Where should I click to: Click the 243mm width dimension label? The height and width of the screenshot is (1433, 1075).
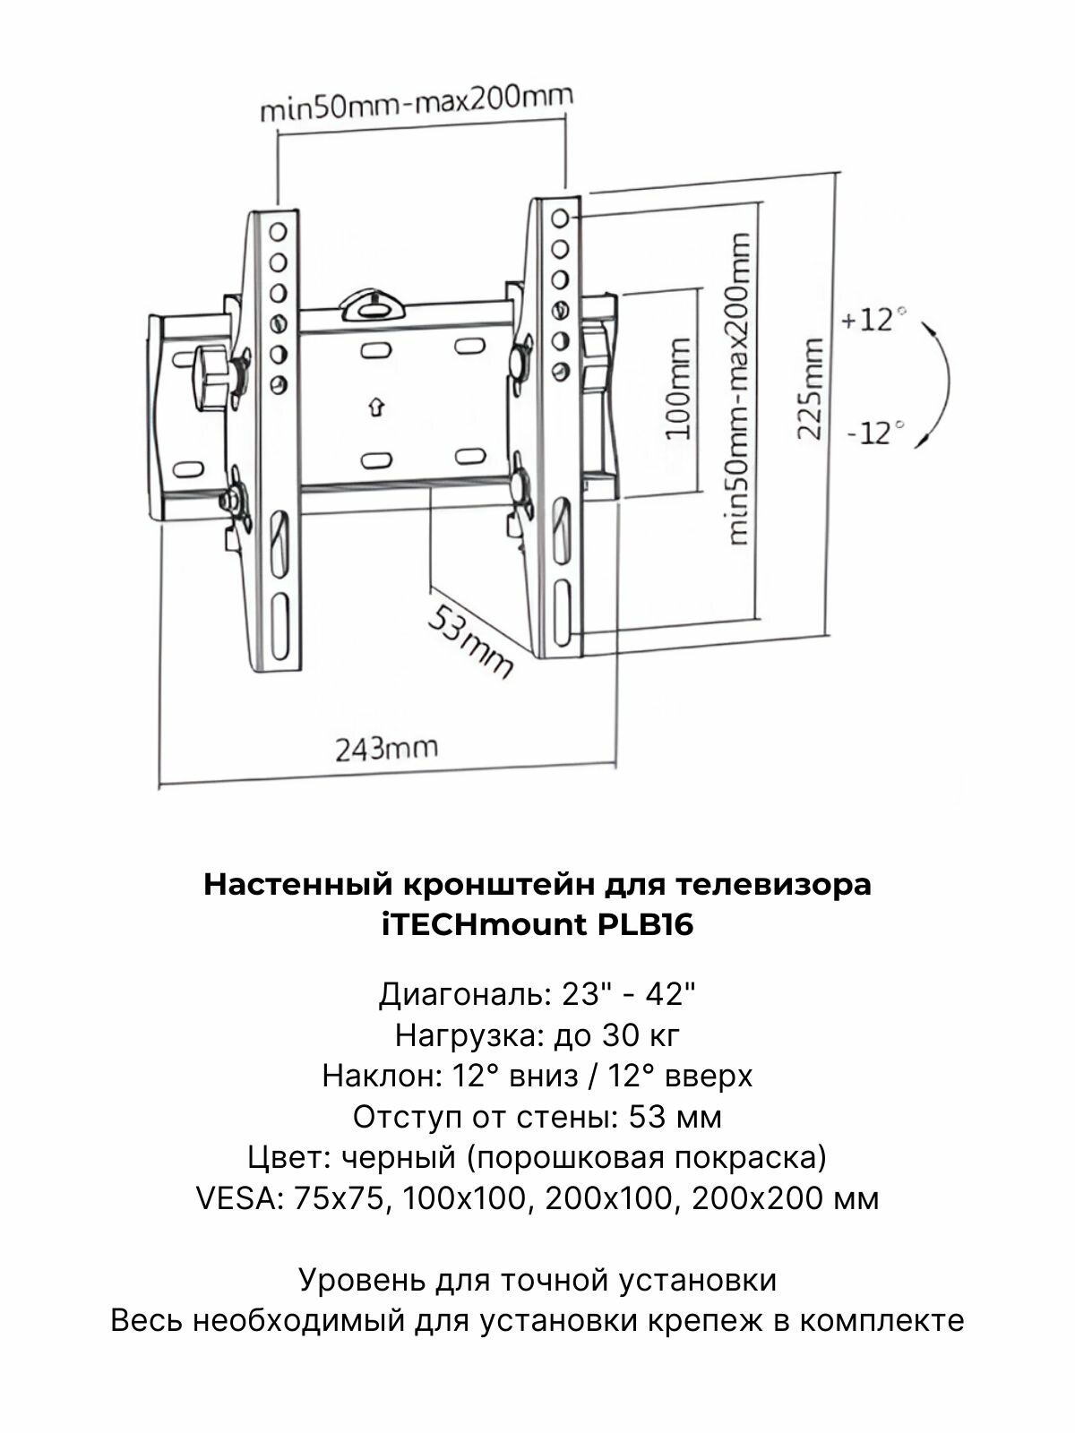[x=386, y=748]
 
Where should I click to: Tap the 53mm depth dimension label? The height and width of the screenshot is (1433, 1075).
[x=469, y=640]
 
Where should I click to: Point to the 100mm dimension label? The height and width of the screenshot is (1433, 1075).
[x=680, y=388]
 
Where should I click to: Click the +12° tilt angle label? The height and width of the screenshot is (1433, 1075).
[x=868, y=320]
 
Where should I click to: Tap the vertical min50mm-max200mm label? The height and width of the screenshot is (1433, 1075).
[x=739, y=390]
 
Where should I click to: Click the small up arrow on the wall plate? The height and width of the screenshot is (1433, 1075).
[x=376, y=408]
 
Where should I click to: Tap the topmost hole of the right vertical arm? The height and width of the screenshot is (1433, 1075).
[x=560, y=218]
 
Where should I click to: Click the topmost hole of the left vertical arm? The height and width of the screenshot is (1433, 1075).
[x=278, y=232]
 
